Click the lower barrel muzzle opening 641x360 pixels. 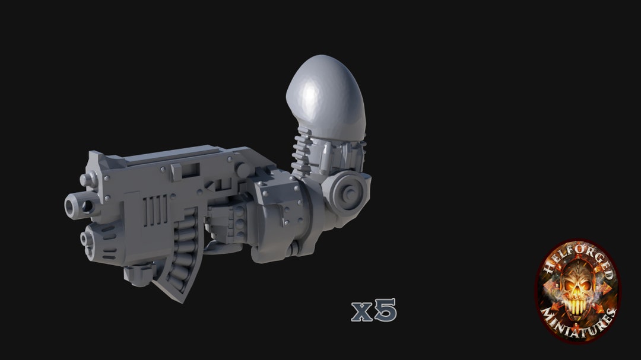point(85,239)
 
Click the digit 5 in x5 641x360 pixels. point(385,310)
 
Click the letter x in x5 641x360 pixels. point(361,311)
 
